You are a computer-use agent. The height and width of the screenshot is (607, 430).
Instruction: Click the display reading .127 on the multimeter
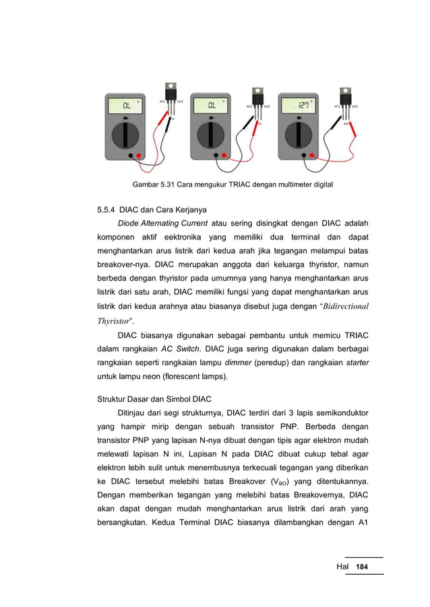pos(301,106)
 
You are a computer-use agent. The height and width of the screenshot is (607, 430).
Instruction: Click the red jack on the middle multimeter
pos(225,156)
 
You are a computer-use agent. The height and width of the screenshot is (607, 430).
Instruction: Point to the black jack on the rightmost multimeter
pos(303,156)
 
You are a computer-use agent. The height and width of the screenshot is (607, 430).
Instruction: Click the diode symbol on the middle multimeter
pos(213,118)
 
